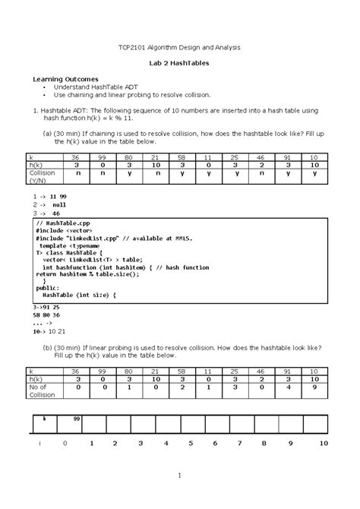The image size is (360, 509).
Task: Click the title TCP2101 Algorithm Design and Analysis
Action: click(180, 47)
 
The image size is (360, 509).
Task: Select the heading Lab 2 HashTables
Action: click(179, 63)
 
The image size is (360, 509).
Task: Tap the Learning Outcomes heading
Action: click(64, 79)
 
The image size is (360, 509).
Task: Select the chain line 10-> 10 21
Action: click(50, 331)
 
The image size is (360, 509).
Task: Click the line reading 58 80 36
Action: click(46, 314)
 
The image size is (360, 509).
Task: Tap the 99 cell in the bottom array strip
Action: click(77, 419)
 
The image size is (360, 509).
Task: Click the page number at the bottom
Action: click(179, 476)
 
